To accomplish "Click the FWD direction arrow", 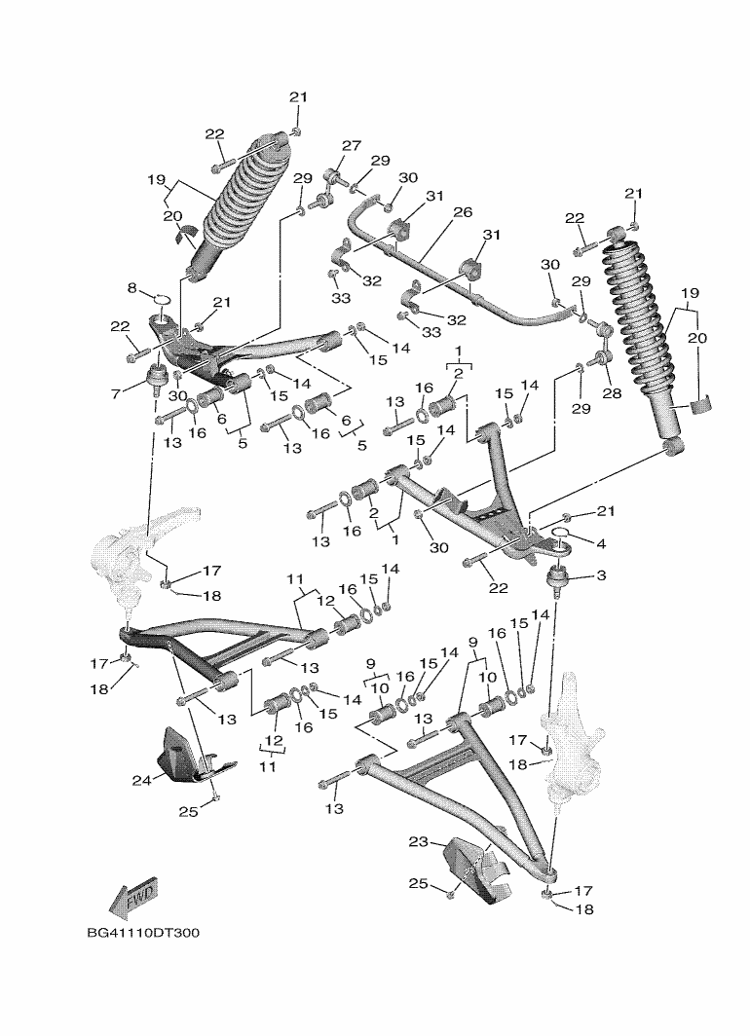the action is coord(133,899).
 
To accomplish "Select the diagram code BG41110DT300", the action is coord(143,934).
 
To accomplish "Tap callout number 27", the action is coord(351,145).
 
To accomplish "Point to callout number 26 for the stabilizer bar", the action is coord(463,212).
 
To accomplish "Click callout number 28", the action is coord(613,393).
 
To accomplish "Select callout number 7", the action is coord(116,393).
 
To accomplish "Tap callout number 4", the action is coord(601,543).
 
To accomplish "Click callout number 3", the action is coord(601,575).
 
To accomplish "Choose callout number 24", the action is coord(141,780).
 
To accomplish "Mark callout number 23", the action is coord(418,841).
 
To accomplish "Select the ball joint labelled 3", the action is coord(558,580).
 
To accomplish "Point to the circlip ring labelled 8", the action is coord(163,301).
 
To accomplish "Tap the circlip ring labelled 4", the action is coord(558,535).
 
